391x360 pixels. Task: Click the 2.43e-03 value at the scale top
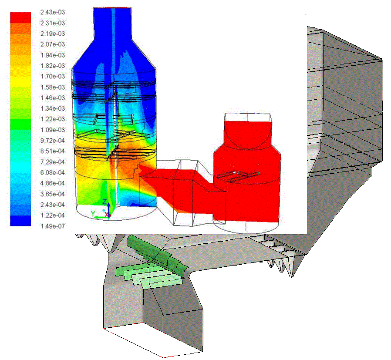52,12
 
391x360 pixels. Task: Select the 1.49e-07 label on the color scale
52,226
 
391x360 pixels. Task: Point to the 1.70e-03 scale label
52,76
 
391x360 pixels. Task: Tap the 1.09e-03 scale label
52,130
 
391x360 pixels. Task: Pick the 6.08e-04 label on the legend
52,172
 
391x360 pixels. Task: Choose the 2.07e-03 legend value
52,44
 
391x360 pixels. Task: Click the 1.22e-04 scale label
52,215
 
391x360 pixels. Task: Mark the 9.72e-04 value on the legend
52,141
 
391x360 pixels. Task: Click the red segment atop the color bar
20,17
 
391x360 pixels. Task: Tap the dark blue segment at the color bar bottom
20,221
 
